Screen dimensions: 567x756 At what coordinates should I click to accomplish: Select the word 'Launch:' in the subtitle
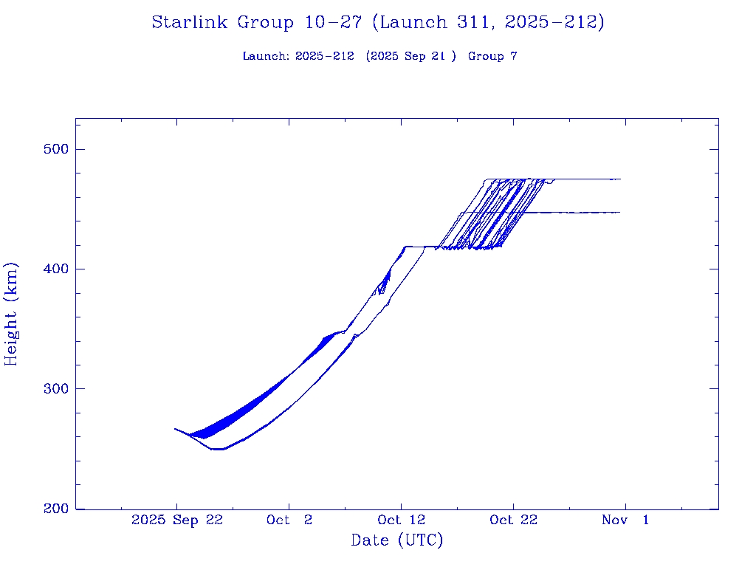[x=267, y=57]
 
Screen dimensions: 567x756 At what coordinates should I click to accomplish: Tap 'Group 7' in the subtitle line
[x=492, y=57]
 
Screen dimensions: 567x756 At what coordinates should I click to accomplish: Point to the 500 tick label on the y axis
[x=52, y=149]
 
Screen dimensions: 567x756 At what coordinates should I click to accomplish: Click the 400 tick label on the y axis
[x=52, y=269]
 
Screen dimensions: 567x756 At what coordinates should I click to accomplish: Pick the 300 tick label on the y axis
[x=52, y=389]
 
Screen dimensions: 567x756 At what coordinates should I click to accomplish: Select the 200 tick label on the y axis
[x=52, y=509]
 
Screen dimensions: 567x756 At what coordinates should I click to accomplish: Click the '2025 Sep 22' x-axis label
[x=177, y=520]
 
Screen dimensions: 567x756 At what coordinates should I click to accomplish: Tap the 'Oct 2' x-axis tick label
[x=289, y=520]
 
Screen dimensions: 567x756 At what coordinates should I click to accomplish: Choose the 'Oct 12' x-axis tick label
[x=402, y=520]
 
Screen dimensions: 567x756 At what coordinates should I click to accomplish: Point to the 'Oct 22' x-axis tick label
[x=514, y=520]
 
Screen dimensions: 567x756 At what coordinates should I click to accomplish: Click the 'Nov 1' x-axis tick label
[x=625, y=520]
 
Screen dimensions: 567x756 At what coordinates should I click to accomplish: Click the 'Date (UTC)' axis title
[x=397, y=541]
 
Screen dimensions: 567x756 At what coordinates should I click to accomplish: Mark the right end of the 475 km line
[x=620, y=179]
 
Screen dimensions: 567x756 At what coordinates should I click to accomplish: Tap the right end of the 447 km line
[x=619, y=213]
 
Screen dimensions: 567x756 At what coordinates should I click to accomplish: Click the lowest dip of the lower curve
[x=218, y=449]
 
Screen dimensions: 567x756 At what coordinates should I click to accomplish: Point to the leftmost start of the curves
[x=175, y=428]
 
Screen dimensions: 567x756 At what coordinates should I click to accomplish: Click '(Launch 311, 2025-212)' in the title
[x=488, y=23]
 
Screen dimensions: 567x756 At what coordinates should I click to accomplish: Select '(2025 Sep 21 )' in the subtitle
[x=411, y=57]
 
